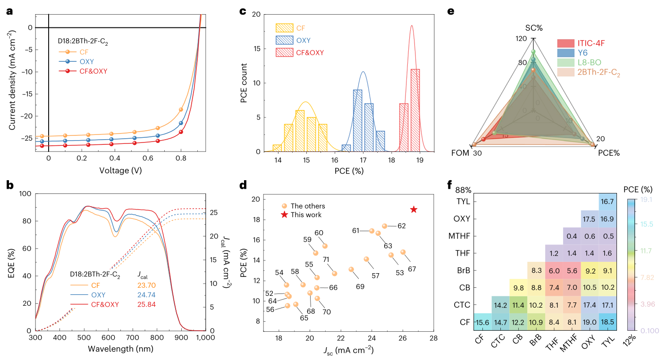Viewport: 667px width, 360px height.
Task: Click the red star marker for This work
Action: click(414, 209)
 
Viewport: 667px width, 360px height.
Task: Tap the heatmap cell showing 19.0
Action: click(589, 322)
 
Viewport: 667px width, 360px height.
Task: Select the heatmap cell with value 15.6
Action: click(482, 322)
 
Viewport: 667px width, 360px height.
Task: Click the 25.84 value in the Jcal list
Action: click(146, 304)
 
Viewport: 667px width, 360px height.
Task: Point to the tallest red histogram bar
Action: click(415, 110)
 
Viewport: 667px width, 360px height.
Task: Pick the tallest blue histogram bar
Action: click(358, 120)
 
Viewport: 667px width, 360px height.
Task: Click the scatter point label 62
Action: click(401, 226)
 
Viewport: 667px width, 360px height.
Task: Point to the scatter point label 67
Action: click(412, 269)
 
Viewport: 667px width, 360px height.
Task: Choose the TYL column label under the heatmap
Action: click(608, 339)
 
